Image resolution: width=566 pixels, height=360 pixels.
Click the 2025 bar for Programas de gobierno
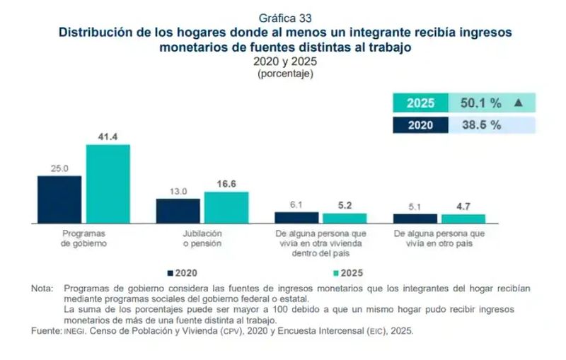(x=108, y=184)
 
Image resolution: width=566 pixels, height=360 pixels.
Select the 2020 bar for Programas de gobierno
(x=59, y=200)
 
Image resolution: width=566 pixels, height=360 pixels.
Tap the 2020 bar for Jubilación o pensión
(x=178, y=211)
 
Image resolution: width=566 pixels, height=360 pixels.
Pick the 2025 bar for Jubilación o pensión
(x=226, y=208)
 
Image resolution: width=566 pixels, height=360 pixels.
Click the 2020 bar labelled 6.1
(x=296, y=218)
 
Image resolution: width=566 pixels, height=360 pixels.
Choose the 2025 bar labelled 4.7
(x=463, y=219)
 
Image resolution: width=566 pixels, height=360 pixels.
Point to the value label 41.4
(x=108, y=137)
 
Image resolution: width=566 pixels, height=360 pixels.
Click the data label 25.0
(x=59, y=168)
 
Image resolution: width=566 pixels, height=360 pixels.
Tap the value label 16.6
(x=226, y=184)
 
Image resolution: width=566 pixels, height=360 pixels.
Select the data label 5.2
(x=345, y=205)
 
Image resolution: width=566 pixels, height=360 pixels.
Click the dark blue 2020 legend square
(x=171, y=273)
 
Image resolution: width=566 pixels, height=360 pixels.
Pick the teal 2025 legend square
(x=336, y=273)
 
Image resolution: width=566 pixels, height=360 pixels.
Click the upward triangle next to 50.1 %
(x=519, y=103)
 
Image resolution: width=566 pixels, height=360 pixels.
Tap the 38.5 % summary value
(x=482, y=125)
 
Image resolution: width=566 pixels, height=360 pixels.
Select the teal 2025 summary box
(x=420, y=103)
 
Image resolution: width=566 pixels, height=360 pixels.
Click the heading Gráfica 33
(x=285, y=18)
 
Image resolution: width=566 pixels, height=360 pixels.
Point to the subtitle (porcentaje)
(x=285, y=74)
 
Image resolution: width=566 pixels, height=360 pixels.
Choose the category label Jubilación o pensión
(x=202, y=238)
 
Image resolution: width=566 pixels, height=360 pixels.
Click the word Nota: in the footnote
(x=42, y=289)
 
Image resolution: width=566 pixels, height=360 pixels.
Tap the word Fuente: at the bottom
(x=47, y=331)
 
